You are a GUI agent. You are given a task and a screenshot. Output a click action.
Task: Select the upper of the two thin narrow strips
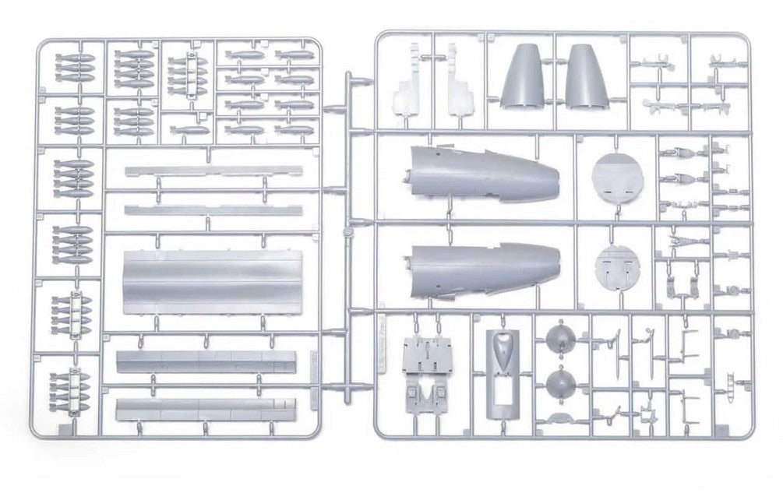(x=212, y=171)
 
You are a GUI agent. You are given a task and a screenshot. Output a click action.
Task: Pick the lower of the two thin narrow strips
(x=212, y=210)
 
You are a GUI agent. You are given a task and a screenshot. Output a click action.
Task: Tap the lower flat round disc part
(x=615, y=267)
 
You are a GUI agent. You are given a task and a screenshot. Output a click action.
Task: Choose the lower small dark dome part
(x=559, y=384)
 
